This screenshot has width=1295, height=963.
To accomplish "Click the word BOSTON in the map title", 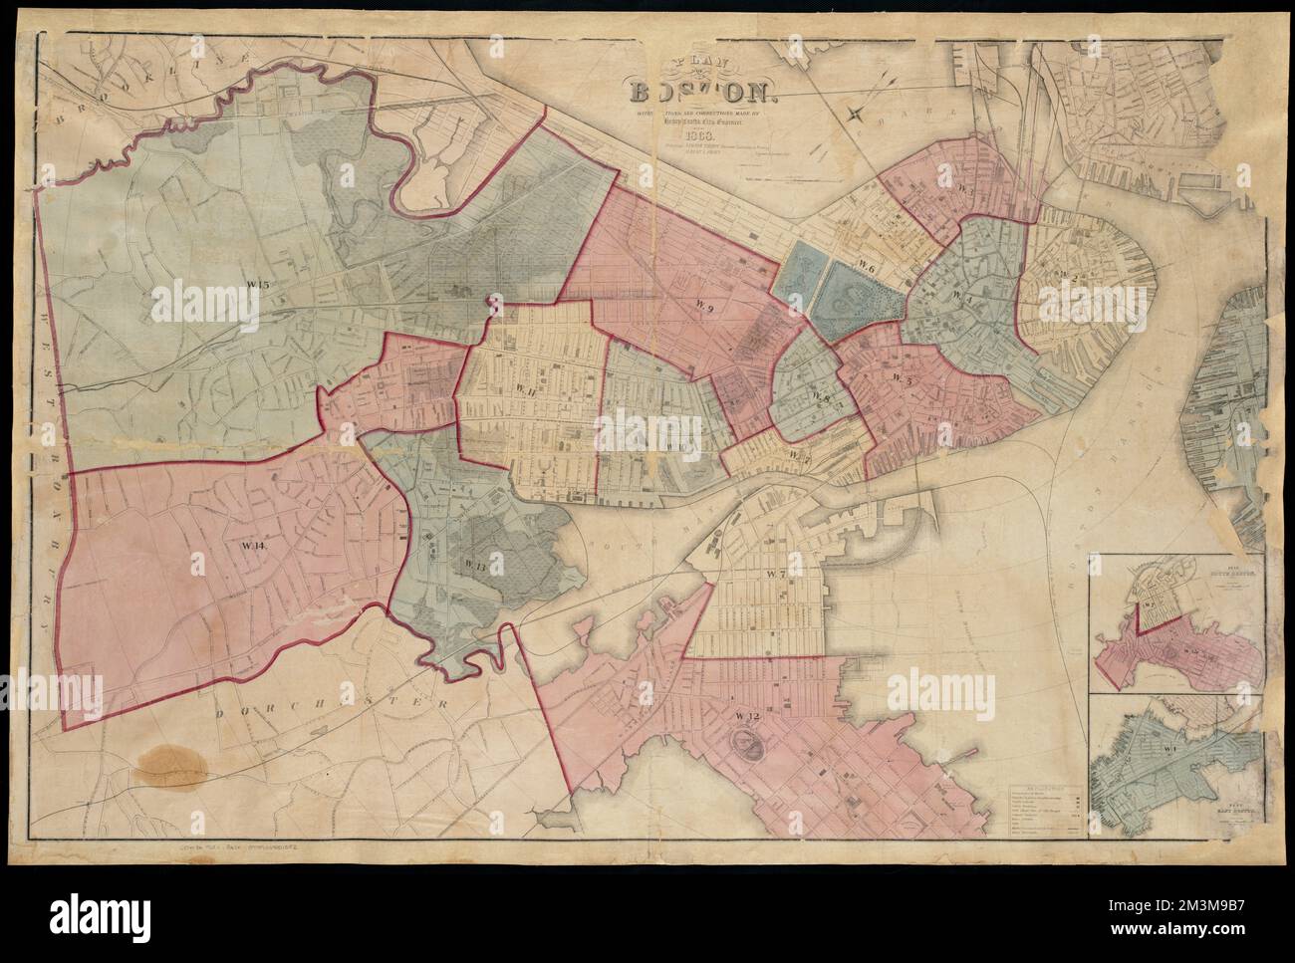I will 703,95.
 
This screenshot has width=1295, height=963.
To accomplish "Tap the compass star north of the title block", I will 855,113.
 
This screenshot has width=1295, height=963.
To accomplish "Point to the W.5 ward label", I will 904,377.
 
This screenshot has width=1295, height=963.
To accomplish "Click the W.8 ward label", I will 823,398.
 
